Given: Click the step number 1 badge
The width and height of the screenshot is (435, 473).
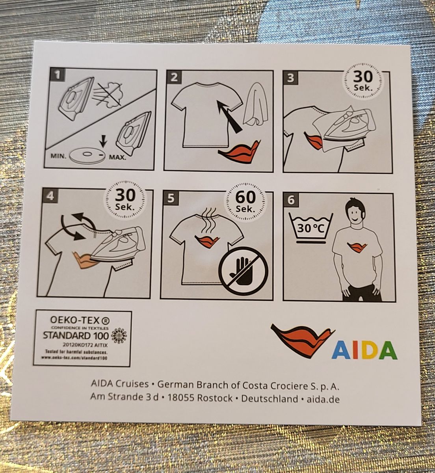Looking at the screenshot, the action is [x=57, y=75].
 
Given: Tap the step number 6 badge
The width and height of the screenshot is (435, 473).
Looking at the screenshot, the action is [x=291, y=200].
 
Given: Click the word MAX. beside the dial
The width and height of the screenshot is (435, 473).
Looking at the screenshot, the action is [x=117, y=157].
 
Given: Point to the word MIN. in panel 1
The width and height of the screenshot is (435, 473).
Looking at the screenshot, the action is [x=59, y=156].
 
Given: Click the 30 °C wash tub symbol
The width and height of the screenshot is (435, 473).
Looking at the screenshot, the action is [x=311, y=228].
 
